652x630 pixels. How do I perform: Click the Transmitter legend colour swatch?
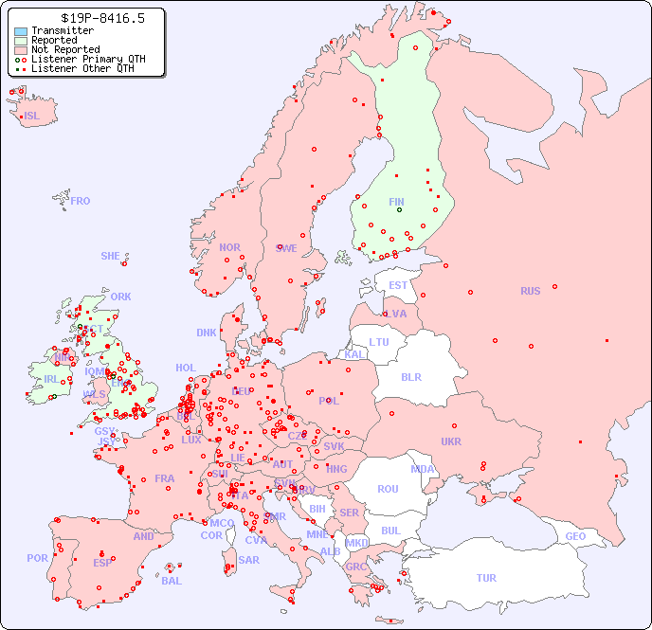(x=21, y=31)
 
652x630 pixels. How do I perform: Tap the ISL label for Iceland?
(x=32, y=117)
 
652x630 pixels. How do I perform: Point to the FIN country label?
(x=396, y=202)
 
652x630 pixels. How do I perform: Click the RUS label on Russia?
(x=530, y=291)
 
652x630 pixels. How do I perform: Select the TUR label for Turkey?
(x=486, y=578)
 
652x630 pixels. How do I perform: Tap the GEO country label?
(x=575, y=536)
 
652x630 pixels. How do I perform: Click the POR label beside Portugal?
(x=37, y=558)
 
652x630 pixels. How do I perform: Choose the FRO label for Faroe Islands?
(x=81, y=201)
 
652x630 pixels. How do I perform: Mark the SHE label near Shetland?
(x=110, y=256)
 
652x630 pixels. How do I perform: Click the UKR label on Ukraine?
(x=451, y=441)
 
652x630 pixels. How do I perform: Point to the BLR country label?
(x=410, y=376)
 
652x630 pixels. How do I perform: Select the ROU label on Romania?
(x=388, y=489)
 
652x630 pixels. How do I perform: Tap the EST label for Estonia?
(x=398, y=285)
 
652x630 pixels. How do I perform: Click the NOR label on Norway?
(x=229, y=247)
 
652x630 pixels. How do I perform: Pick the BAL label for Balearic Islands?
(x=171, y=581)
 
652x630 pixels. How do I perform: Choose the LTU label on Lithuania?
(x=379, y=342)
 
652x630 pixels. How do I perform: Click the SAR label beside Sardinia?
(x=248, y=560)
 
